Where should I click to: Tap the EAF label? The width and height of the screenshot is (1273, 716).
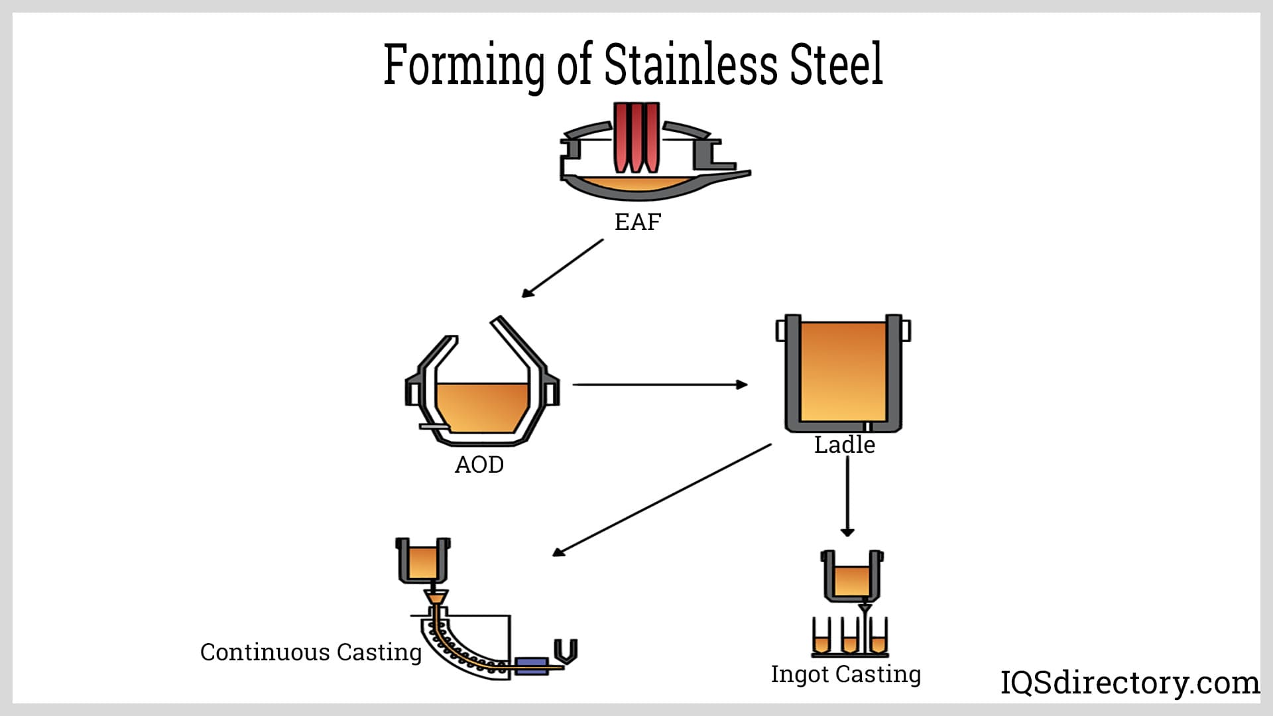click(x=637, y=222)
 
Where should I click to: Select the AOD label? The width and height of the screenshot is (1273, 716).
click(x=479, y=465)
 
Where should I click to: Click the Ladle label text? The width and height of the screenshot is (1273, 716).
click(x=844, y=445)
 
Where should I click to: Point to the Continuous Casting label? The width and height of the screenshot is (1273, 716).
click(x=310, y=652)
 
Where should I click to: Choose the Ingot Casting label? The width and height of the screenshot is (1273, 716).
click(x=845, y=674)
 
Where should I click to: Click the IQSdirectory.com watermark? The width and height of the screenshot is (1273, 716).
click(x=1129, y=683)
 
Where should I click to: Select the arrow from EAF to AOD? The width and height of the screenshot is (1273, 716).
click(x=562, y=268)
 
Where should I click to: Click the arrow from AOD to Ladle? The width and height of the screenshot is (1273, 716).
click(x=660, y=385)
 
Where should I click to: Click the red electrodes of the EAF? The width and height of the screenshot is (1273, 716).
click(x=636, y=137)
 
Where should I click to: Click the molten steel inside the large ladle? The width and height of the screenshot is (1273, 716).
click(x=843, y=371)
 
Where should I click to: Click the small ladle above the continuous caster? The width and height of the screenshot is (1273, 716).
click(x=422, y=561)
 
